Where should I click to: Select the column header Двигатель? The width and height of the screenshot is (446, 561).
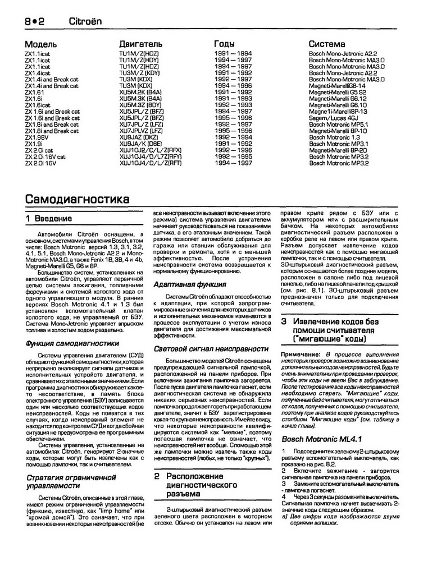click(141, 44)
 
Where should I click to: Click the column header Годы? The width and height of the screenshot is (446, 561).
click(229, 44)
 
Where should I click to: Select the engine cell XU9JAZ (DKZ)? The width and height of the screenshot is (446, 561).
click(139, 136)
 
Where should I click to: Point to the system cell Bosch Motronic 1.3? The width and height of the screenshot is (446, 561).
click(335, 136)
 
